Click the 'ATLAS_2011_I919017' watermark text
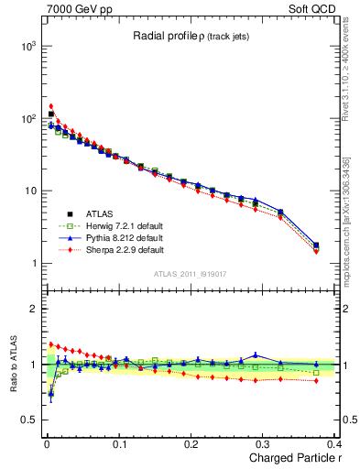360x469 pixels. pos(188,274)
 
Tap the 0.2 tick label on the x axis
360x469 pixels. pos(191,445)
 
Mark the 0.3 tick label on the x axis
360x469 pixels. pos(264,445)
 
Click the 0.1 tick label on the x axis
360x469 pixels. pos(118,445)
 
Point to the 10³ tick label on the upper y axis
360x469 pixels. pos(29,46)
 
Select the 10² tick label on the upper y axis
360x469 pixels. pos(29,119)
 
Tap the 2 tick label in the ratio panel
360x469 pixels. pos(35,309)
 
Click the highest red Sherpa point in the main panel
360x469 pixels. pos(51,106)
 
